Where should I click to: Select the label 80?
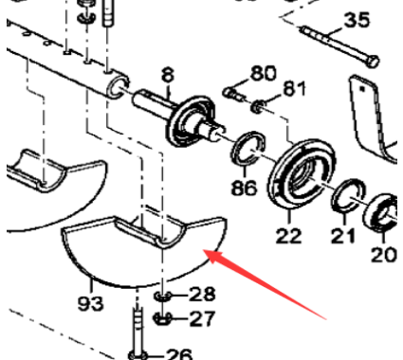point(262,73)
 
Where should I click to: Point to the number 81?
point(295,89)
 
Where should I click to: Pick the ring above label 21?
point(345,199)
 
